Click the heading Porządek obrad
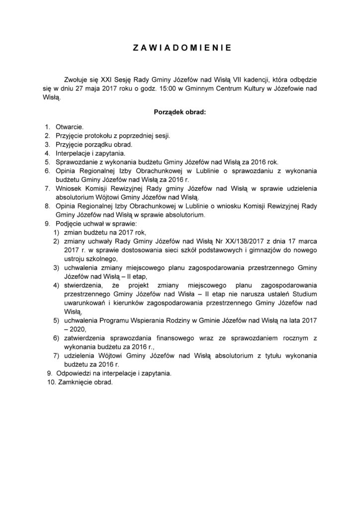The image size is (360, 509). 180,112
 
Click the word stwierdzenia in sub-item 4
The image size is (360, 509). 84,286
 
